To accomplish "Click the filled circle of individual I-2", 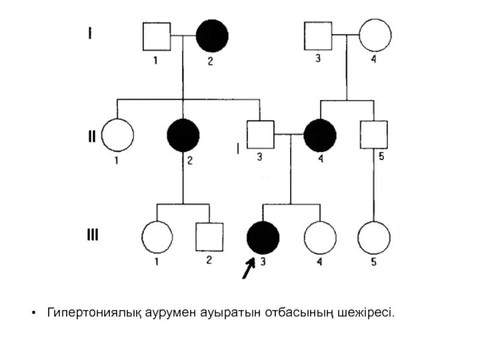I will [x=213, y=35].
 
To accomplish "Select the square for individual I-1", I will [x=157, y=36].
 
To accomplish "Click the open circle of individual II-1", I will [x=117, y=135].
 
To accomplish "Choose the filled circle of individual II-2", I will [x=184, y=135].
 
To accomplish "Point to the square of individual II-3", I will [x=260, y=134].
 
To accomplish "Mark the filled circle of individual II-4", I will [x=320, y=135].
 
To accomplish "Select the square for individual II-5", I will [x=374, y=134].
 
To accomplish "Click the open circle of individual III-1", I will [x=157, y=237].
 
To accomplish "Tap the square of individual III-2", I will [x=209, y=237].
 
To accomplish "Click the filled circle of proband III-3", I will [x=263, y=237].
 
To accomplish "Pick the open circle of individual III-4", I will [x=320, y=237].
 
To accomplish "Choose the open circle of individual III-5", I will [x=374, y=237].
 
